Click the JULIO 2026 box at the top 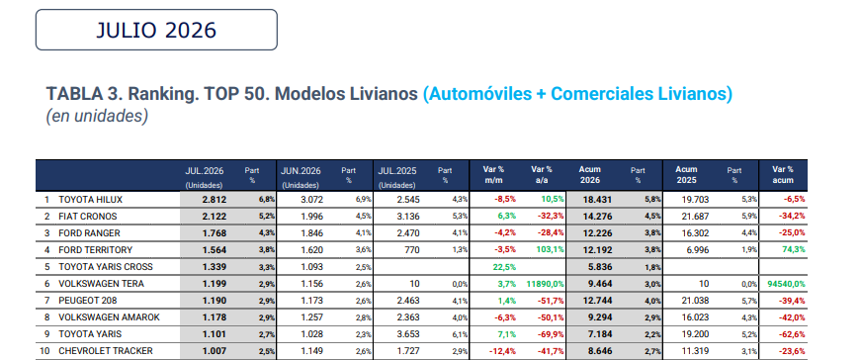(x=156, y=30)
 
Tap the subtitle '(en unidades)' (x=97, y=117)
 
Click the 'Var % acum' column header (x=782, y=175)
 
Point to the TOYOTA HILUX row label (x=91, y=200)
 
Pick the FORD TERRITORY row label (x=96, y=250)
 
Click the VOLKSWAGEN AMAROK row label (x=110, y=317)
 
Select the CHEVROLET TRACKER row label (x=106, y=351)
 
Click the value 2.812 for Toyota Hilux (x=214, y=200)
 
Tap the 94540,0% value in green (x=786, y=284)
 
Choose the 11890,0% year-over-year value (x=546, y=284)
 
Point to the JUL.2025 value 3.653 (x=408, y=334)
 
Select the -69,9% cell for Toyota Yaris (x=552, y=334)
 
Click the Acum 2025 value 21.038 (x=695, y=301)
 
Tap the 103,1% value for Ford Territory (x=551, y=250)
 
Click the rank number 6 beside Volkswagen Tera (x=46, y=284)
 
